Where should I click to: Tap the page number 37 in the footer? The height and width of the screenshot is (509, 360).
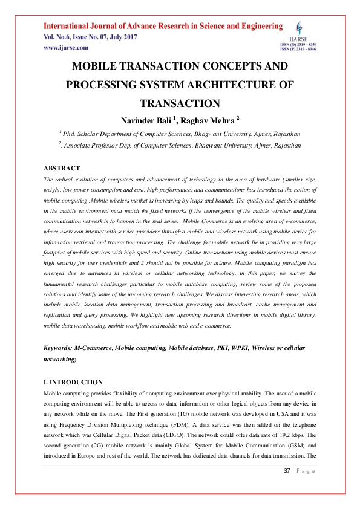[x=288, y=471]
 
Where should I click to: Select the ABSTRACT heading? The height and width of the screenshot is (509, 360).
[x=62, y=168]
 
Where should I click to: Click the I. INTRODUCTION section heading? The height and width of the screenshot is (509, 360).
[x=73, y=383]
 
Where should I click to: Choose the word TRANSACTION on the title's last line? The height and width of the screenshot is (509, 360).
[x=180, y=103]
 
